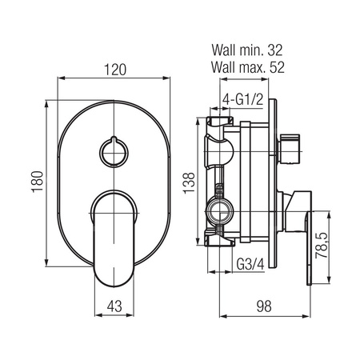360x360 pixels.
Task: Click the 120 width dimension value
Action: pyautogui.click(x=115, y=70)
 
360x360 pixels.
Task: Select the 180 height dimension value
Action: pyautogui.click(x=38, y=182)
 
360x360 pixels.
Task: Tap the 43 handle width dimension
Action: pyautogui.click(x=114, y=306)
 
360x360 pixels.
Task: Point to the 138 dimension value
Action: pyautogui.click(x=189, y=183)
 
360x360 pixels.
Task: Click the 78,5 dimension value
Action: pyautogui.click(x=322, y=246)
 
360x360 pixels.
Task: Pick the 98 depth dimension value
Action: pyautogui.click(x=264, y=306)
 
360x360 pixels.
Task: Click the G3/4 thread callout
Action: pyautogui.click(x=250, y=264)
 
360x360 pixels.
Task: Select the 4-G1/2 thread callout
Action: pyautogui.click(x=243, y=100)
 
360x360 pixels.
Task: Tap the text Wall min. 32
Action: pyautogui.click(x=247, y=50)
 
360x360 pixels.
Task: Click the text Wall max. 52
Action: pyautogui.click(x=248, y=67)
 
